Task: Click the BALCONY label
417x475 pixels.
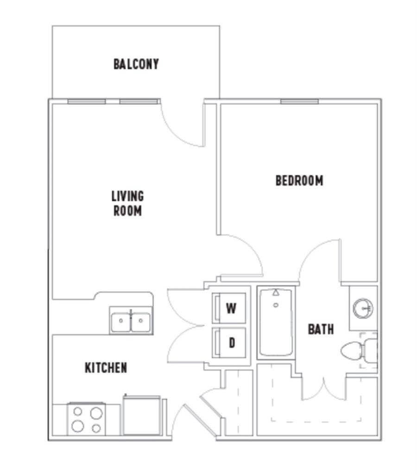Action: click(x=136, y=64)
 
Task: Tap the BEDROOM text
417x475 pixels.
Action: click(x=299, y=180)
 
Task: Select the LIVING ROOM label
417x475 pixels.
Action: click(x=127, y=203)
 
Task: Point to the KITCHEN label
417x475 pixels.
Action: click(x=106, y=368)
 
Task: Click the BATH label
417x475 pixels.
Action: click(x=321, y=329)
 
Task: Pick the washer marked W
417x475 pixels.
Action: click(x=229, y=308)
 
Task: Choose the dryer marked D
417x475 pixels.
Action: click(x=229, y=343)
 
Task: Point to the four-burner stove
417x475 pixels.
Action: click(x=86, y=419)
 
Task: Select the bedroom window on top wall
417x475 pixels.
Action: click(x=299, y=101)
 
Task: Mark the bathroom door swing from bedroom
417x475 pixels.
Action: click(x=320, y=260)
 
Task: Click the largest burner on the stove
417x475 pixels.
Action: click(x=96, y=412)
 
